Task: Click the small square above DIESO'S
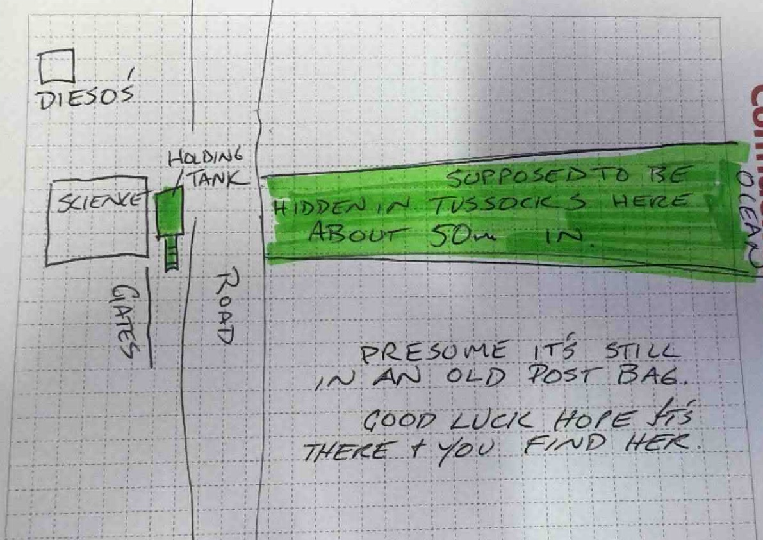click(x=57, y=67)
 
